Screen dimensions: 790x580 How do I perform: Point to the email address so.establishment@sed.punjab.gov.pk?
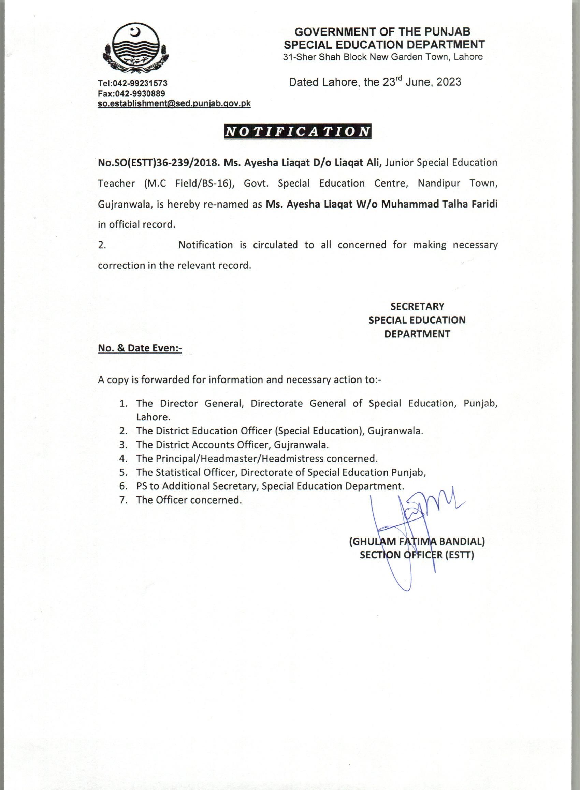[x=174, y=103]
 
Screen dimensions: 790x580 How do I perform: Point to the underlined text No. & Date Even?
[x=140, y=348]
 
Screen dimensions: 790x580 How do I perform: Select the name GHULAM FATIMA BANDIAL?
[x=417, y=542]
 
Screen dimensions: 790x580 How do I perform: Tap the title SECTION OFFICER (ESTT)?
[x=417, y=555]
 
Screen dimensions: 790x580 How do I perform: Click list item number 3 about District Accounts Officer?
[x=232, y=445]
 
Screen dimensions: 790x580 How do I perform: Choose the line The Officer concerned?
[x=189, y=500]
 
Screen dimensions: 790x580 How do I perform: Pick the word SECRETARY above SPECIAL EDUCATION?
[x=417, y=306]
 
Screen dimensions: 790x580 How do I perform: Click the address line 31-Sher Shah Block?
[x=383, y=57]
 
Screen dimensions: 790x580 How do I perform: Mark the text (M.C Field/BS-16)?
[x=189, y=183]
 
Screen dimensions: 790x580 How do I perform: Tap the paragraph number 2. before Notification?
[x=102, y=245]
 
